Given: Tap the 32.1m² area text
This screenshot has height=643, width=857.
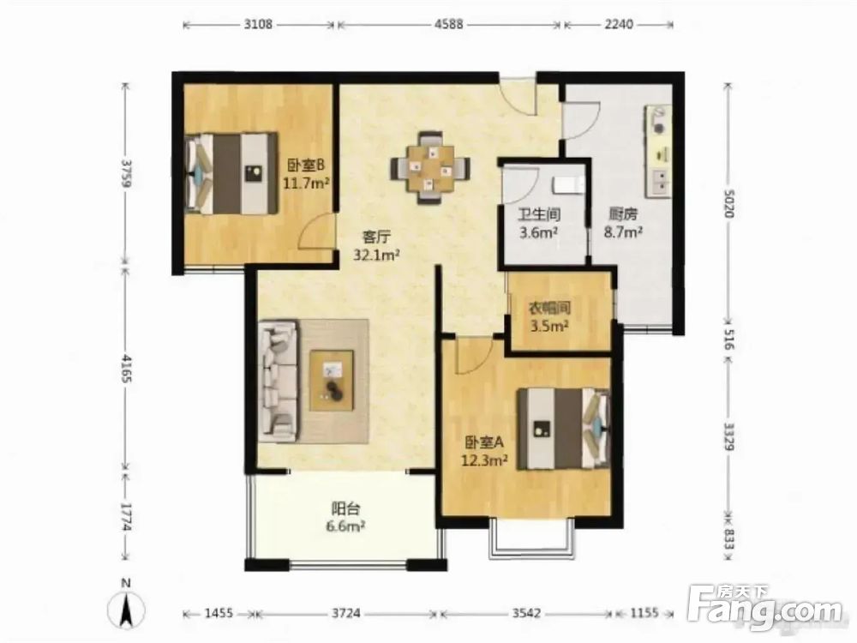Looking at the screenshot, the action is (377, 255).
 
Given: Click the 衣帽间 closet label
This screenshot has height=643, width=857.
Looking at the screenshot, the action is (549, 309).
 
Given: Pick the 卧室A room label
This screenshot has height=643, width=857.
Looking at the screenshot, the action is (484, 442).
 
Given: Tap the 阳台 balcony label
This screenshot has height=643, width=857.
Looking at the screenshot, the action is (346, 509).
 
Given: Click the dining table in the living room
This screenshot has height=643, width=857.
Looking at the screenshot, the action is (430, 168).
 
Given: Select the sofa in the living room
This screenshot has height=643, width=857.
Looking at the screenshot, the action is (279, 382).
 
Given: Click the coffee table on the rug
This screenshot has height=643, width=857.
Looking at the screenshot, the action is (332, 381).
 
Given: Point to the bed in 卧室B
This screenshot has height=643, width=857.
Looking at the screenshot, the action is (231, 173).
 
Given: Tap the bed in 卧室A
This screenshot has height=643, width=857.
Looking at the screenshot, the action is (564, 429).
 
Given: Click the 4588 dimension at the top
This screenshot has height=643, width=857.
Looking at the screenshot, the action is (449, 25).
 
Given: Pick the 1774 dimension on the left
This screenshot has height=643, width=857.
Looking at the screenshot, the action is (126, 517).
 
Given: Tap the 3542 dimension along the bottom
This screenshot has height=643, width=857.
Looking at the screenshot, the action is (527, 613).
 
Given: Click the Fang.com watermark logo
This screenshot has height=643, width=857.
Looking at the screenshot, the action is (764, 608).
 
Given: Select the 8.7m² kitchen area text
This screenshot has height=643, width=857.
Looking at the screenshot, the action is (622, 232).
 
